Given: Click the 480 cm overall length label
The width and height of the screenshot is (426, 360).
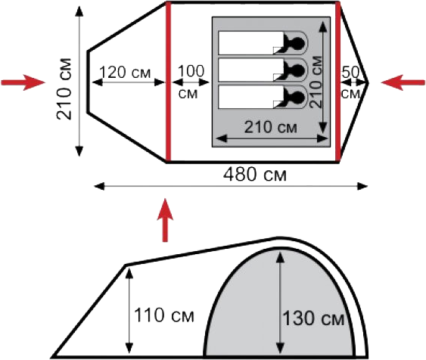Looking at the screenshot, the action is coord(254,174).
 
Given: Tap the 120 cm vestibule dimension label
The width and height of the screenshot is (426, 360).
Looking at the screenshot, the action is coord(125,72).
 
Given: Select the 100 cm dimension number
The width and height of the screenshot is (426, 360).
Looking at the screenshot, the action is coord(191,71).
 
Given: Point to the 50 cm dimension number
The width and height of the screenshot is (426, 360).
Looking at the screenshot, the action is coord(350,72).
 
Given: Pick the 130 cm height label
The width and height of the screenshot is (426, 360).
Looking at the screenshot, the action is coord(313,318).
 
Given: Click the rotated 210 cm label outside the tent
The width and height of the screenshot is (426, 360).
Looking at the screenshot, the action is coord(64,88).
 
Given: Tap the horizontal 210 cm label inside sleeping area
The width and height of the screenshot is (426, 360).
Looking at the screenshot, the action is coord(271,127).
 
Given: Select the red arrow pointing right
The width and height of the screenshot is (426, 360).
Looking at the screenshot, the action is coord(23,82).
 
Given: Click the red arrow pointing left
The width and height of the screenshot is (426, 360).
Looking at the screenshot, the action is coord(403,82).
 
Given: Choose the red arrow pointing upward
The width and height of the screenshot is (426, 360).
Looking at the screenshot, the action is coord(165,220).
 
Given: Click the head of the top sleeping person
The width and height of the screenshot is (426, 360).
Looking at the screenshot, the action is coord(298,43).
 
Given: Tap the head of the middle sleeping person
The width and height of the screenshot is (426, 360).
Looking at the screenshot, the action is coord(298,70).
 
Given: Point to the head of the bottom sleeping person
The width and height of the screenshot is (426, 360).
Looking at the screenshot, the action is coord(298,98).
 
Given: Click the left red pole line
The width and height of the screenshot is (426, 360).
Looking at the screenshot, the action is coord(169,82).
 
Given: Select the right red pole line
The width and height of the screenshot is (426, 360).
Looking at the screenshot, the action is coord(338,82).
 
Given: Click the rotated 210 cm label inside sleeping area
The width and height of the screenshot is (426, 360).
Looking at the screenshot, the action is coord(316,82).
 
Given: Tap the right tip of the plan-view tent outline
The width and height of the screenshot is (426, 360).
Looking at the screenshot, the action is coord(368,82).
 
